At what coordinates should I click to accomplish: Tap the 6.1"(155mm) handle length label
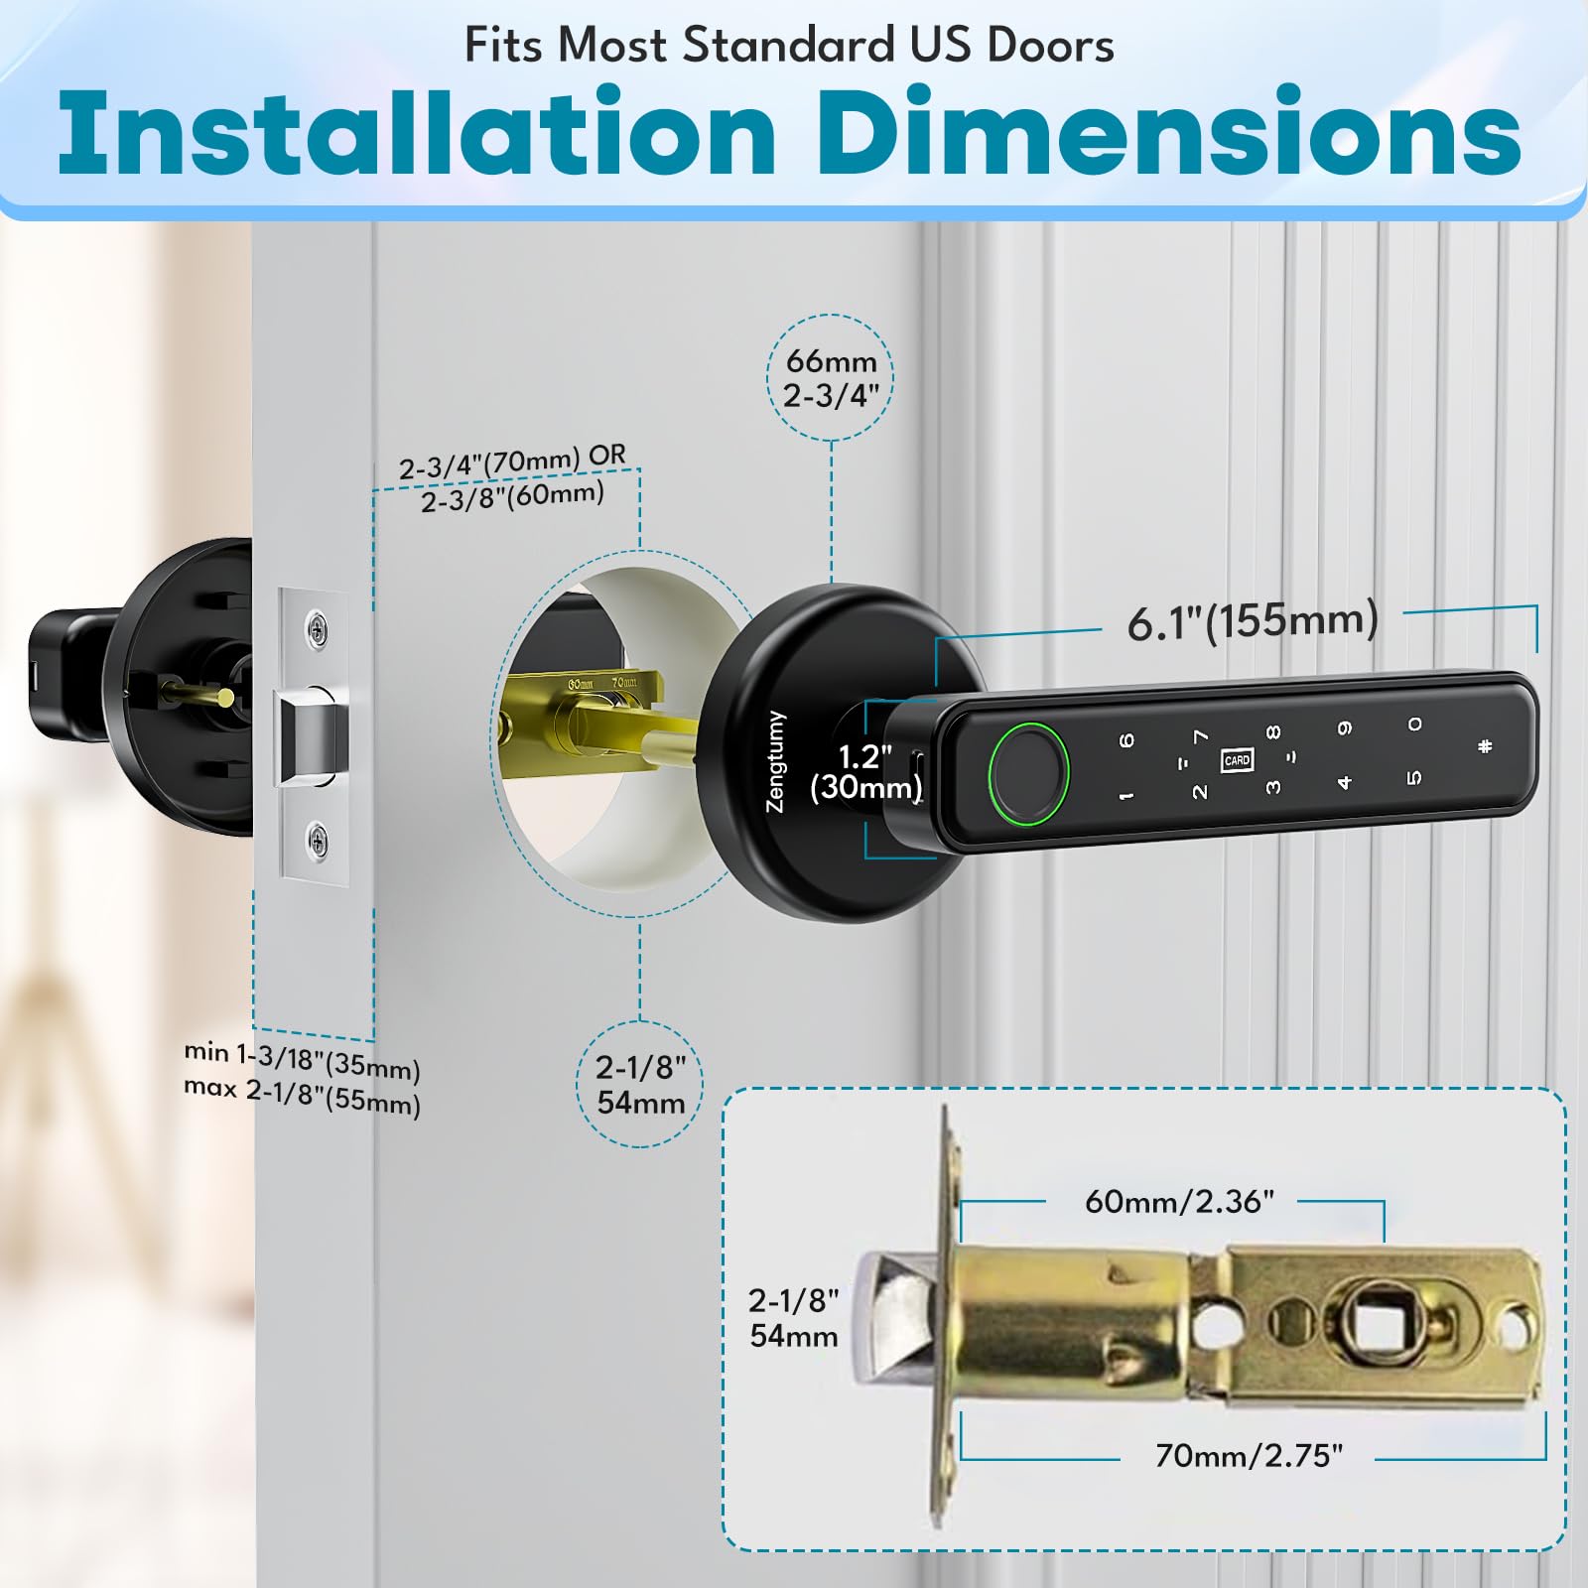point(1253,621)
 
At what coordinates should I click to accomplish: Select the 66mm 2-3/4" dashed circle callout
point(831,378)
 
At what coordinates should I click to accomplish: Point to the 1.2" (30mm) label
point(865,772)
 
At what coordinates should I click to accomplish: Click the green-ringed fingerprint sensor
point(1028,773)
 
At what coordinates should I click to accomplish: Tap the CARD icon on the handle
point(1237,760)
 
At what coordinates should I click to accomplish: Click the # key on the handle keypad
point(1485,746)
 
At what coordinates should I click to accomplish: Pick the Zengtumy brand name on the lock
point(775,761)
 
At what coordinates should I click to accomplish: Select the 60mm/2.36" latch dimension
point(1178,1202)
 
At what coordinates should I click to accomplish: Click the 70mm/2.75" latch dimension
point(1249,1456)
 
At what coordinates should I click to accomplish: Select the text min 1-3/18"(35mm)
point(302,1060)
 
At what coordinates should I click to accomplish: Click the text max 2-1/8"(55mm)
point(302,1096)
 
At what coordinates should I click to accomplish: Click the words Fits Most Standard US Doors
point(789,46)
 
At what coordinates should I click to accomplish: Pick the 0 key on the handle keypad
point(1414,725)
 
